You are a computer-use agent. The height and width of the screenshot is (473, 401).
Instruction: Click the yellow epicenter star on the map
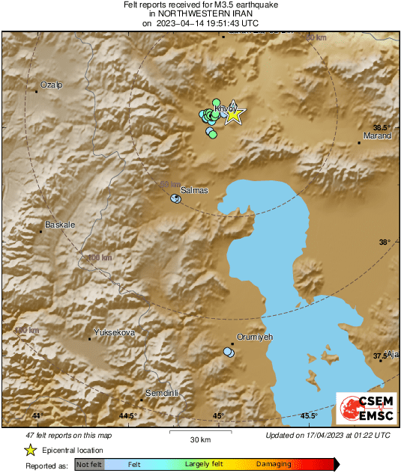click(235, 114)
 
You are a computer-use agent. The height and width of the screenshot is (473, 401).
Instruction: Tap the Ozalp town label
click(52, 85)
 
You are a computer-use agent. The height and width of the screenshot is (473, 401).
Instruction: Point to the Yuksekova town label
click(114, 332)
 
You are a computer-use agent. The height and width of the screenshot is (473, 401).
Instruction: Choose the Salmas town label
click(194, 191)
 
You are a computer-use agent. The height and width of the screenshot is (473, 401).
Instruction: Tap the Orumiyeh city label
click(254, 338)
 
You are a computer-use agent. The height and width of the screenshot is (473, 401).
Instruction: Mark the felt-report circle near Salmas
click(175, 198)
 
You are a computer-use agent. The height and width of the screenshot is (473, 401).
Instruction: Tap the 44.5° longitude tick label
click(127, 415)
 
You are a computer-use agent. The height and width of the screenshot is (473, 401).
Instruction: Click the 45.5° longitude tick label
click(309, 415)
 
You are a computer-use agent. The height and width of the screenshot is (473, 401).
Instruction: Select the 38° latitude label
click(385, 242)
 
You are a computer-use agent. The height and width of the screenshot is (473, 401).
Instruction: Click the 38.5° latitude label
click(383, 127)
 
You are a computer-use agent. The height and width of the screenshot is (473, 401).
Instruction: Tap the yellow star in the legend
click(31, 450)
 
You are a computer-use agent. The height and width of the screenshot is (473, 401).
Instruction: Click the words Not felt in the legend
click(89, 465)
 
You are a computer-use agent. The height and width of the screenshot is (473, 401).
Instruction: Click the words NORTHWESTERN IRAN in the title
click(201, 13)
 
